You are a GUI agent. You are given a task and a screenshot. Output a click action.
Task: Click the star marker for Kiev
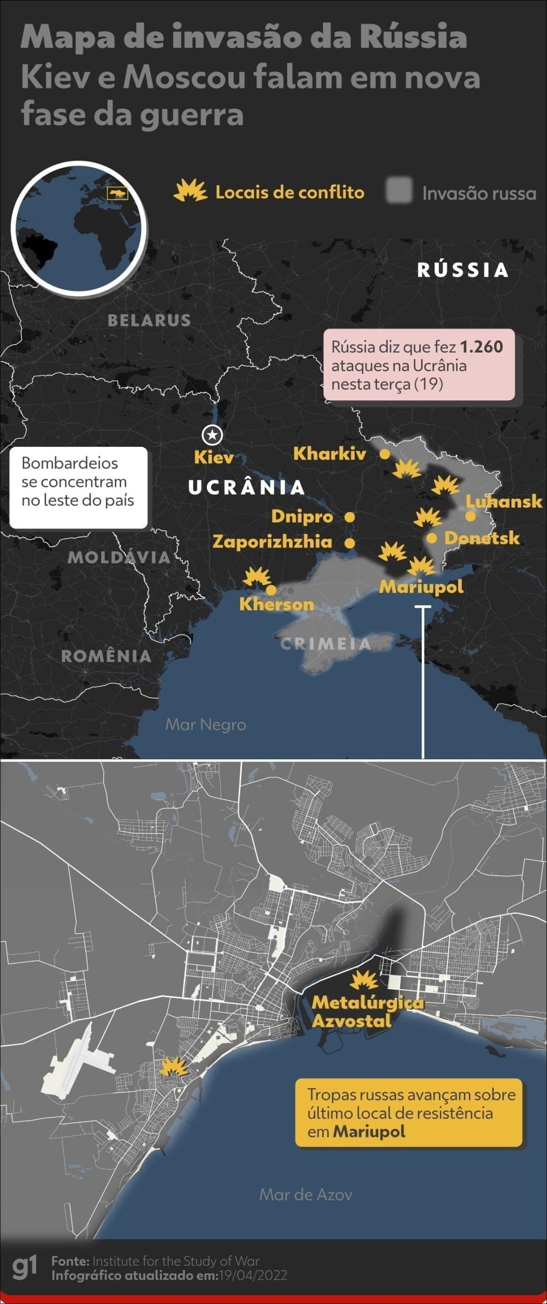[x=212, y=435]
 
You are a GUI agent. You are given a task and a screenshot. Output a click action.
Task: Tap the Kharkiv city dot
[x=385, y=453]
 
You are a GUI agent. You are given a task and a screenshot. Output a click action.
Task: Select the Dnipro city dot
[x=350, y=517]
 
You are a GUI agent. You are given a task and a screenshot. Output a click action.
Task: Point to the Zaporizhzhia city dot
[x=350, y=543]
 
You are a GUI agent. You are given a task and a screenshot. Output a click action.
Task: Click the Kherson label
[x=276, y=604]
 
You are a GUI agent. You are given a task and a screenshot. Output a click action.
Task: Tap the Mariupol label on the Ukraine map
[x=421, y=586]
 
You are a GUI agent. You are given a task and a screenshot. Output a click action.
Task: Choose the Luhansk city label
[x=504, y=501]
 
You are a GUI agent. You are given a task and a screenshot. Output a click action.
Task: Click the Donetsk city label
[x=482, y=538]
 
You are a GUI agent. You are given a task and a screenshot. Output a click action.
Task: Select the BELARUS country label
[x=149, y=320]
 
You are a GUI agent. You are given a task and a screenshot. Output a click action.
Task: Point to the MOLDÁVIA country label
[x=119, y=557]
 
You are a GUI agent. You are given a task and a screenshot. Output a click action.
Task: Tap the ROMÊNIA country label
[x=106, y=656]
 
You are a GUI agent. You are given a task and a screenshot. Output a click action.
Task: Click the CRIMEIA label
[x=326, y=644]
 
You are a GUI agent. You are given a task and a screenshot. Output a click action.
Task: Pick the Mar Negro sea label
[x=205, y=724]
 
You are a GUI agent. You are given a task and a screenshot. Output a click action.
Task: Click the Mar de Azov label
[x=305, y=1194]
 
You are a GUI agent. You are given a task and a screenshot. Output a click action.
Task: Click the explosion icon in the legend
[x=190, y=192]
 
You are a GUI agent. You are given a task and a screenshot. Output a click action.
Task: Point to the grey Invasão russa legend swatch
[x=399, y=191]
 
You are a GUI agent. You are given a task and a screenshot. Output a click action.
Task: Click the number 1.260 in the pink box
[x=481, y=347]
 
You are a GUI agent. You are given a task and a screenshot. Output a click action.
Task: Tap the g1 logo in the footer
[x=24, y=1268]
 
